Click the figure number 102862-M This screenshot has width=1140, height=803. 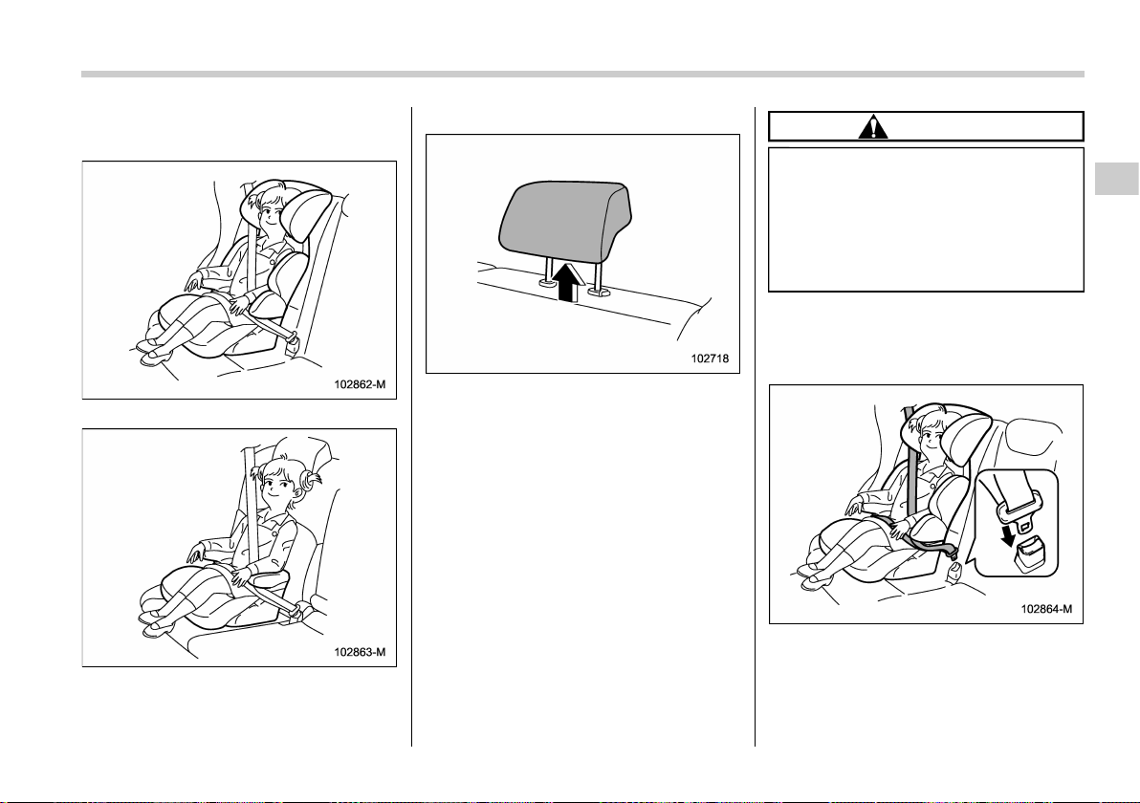(360, 384)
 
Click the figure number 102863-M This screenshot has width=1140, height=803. (360, 652)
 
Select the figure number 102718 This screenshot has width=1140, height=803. (710, 358)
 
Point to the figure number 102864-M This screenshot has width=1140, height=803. (1046, 609)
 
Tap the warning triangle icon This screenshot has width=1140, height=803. (872, 127)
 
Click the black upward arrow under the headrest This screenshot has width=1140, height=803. (568, 283)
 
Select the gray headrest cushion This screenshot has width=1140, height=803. (565, 221)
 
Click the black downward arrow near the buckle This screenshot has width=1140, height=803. (1008, 535)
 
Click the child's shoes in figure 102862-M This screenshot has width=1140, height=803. (152, 353)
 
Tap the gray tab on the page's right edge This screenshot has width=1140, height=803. (1117, 179)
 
